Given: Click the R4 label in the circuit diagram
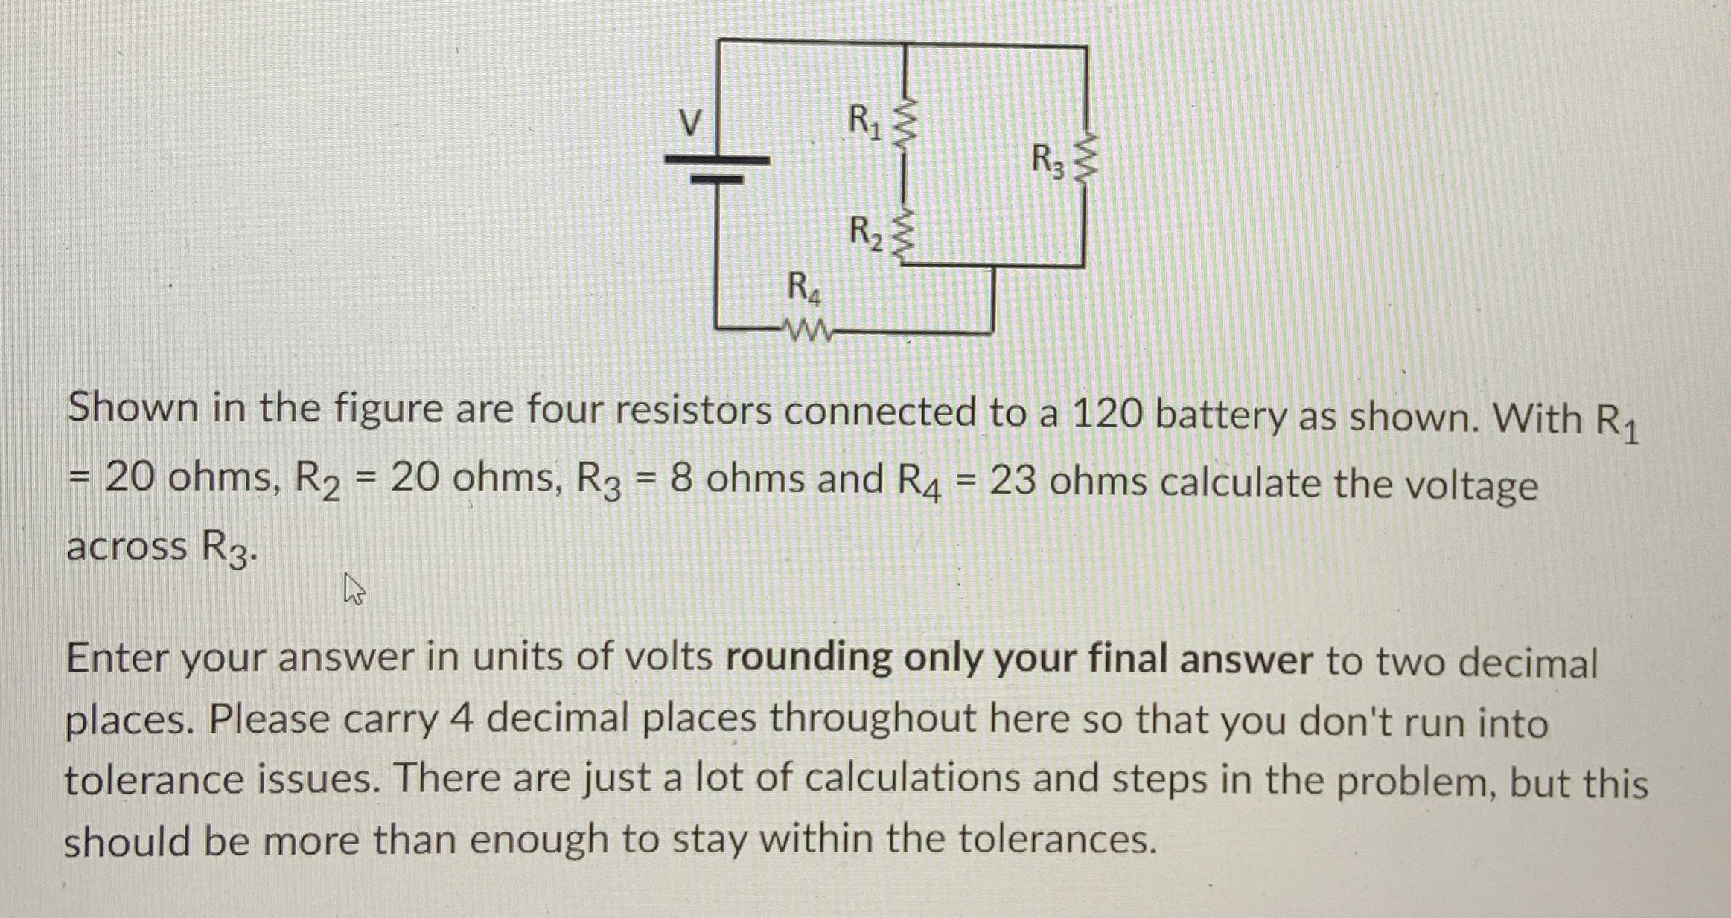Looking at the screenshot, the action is [x=804, y=288].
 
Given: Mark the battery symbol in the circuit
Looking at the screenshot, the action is [x=717, y=169].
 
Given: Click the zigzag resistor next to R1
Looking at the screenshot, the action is [x=904, y=126].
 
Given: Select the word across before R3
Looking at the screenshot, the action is [x=127, y=546].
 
